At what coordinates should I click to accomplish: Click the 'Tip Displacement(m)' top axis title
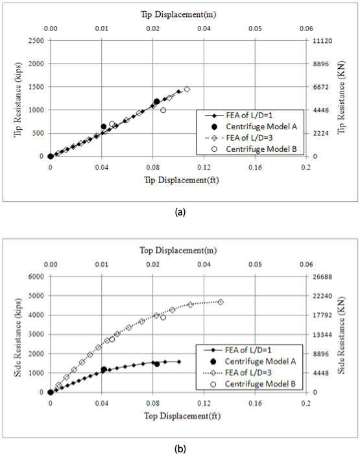(x=178, y=14)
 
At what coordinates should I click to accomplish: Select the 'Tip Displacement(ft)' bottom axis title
(x=182, y=180)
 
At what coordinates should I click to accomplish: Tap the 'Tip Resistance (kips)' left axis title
(x=18, y=99)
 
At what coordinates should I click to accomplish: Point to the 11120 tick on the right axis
(x=322, y=41)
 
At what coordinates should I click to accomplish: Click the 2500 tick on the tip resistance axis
(x=36, y=41)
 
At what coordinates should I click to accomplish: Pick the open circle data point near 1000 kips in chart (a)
(x=163, y=110)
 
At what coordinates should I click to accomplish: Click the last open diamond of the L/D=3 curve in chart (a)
(x=187, y=90)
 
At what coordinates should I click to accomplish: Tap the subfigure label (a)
(x=180, y=212)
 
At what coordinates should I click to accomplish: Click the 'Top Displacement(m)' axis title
(x=178, y=250)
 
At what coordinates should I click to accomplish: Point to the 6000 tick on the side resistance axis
(x=36, y=277)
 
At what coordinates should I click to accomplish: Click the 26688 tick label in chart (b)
(x=322, y=277)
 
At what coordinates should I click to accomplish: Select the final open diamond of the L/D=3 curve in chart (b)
(x=221, y=302)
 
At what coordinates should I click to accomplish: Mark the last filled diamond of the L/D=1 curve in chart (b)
(x=179, y=362)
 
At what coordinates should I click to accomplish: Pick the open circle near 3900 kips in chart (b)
(x=163, y=317)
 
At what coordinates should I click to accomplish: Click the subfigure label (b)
(x=180, y=449)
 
